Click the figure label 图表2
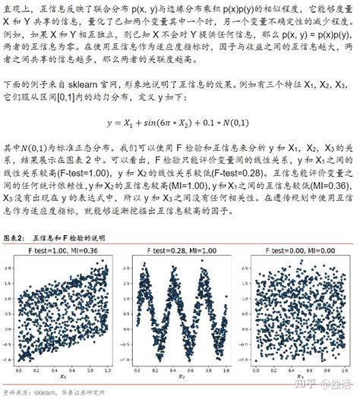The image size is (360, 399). pos(15,236)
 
